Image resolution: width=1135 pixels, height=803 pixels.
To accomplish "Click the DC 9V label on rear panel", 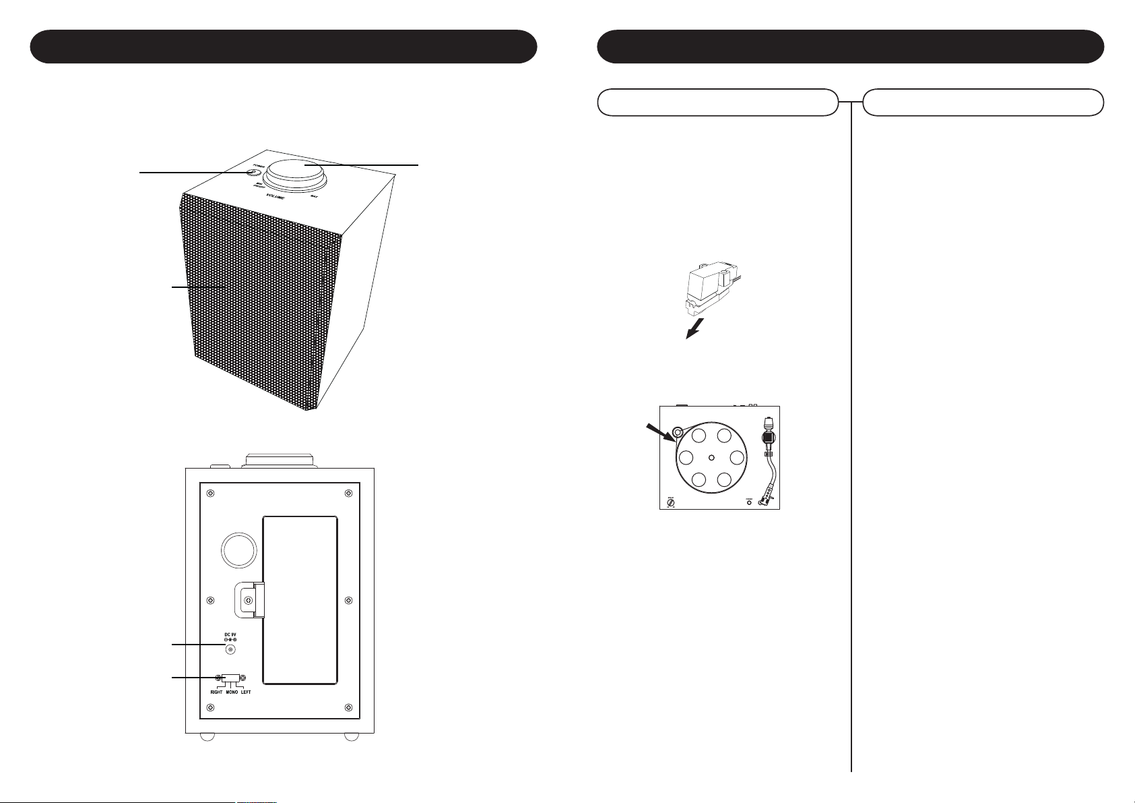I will [x=230, y=634].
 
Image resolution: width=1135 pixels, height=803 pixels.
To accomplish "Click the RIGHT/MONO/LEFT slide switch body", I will [x=230, y=678].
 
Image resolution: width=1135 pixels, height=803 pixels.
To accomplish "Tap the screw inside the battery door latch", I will [x=249, y=601].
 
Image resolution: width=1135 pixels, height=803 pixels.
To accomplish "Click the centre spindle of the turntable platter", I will [x=711, y=457].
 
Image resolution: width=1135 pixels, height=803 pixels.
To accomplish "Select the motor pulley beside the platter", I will [x=678, y=432].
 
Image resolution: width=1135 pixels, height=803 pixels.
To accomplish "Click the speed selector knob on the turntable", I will [x=671, y=502].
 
